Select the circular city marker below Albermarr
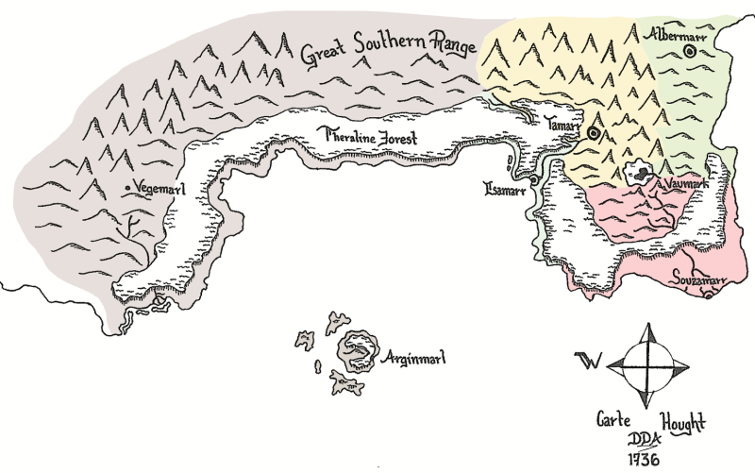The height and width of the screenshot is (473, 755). pyautogui.click(x=690, y=53)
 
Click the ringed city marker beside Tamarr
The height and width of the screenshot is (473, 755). pyautogui.click(x=593, y=134)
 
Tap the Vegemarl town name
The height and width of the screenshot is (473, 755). pyautogui.click(x=160, y=188)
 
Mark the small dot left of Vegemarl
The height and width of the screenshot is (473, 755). pyautogui.click(x=128, y=189)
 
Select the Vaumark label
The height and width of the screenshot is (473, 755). pyautogui.click(x=686, y=183)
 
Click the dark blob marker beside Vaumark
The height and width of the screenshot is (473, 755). pyautogui.click(x=643, y=173)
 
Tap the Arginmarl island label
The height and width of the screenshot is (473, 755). pyautogui.click(x=415, y=358)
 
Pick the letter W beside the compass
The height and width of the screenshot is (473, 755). pyautogui.click(x=587, y=361)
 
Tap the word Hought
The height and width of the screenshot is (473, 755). pyautogui.click(x=682, y=421)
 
